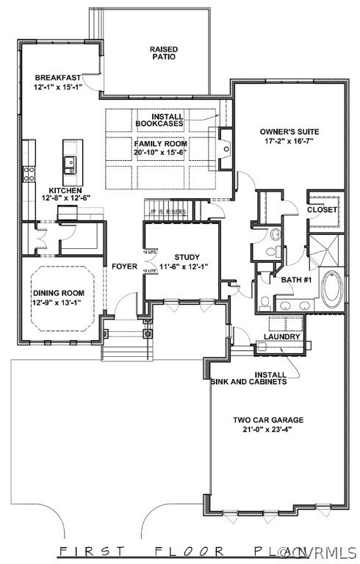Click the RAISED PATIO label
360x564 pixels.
point(164,54)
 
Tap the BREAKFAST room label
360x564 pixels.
point(57,77)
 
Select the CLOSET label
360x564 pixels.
point(322,210)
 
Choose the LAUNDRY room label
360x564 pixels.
point(282,337)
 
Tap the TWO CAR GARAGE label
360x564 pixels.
point(268,420)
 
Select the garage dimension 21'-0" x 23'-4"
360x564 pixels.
point(268,430)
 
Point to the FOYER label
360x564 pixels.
point(125,266)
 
